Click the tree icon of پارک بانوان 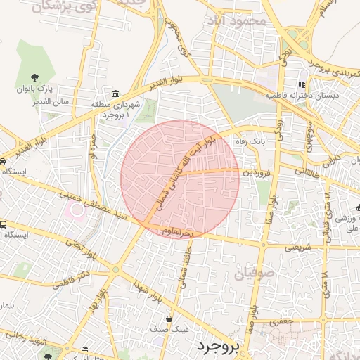[35, 77]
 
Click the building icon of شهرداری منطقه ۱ [115, 94]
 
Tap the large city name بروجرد [219, 345]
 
